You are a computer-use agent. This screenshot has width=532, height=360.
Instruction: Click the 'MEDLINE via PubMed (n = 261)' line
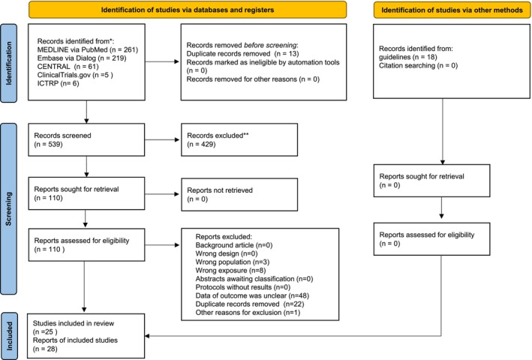coord(88,49)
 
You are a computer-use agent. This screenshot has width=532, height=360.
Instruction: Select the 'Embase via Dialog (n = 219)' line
coord(82,58)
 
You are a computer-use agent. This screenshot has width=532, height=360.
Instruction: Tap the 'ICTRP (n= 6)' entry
coord(58,83)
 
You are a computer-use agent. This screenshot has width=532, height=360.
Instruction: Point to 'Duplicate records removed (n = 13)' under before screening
coord(242,54)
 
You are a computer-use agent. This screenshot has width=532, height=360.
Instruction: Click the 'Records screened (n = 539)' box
coord(86,139)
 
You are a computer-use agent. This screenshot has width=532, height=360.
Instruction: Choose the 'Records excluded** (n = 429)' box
coord(239,139)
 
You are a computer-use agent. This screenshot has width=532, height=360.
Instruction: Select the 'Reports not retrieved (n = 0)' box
coord(239,194)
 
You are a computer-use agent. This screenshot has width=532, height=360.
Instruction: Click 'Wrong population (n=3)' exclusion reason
coord(233,262)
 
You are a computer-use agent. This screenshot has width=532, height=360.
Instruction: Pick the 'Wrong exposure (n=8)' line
coord(230,271)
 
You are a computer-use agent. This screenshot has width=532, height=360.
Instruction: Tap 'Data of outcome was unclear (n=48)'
coord(252,295)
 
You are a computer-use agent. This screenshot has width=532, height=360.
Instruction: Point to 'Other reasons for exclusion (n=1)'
coord(248,313)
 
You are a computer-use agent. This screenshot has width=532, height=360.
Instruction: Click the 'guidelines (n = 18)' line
coord(408,57)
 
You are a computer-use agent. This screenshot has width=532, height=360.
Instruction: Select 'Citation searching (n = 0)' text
coord(419,65)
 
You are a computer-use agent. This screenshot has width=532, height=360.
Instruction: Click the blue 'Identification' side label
coord(9,63)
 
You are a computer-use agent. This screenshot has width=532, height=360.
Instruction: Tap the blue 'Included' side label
coord(9,336)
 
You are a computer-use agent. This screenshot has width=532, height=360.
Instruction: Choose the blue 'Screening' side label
coord(9,208)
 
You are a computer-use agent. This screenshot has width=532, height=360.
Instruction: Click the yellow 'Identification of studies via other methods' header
coord(452,10)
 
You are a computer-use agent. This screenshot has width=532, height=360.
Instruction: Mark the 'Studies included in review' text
coord(74,323)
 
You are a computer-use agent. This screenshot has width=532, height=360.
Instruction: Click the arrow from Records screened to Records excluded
coord(162,139)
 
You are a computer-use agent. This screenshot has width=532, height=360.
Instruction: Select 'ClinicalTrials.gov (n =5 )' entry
coord(75,75)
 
